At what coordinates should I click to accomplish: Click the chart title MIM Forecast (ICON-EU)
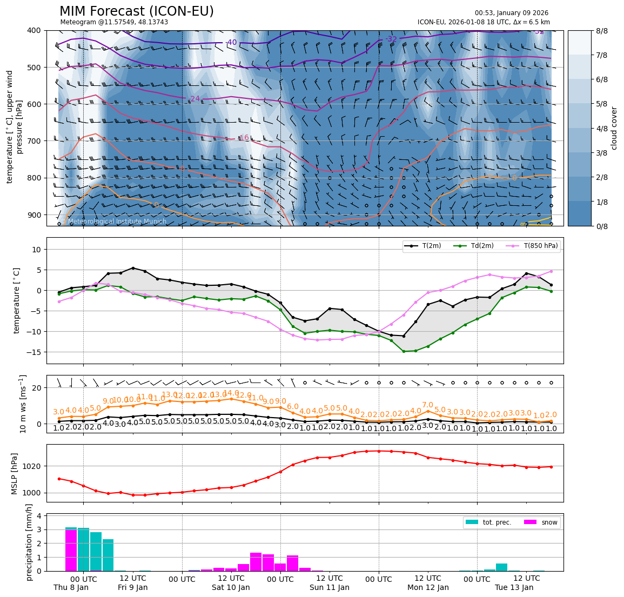[x=136, y=11]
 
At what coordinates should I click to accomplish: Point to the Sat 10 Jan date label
[x=231, y=587]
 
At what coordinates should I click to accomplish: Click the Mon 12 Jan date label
[x=428, y=587]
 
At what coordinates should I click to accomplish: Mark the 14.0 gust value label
[x=231, y=393]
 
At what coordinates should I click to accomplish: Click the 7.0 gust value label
[x=427, y=405]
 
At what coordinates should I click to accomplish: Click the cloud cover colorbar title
[x=614, y=128]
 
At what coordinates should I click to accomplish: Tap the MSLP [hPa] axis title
[x=15, y=473]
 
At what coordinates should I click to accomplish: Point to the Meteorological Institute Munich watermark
[x=113, y=222]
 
